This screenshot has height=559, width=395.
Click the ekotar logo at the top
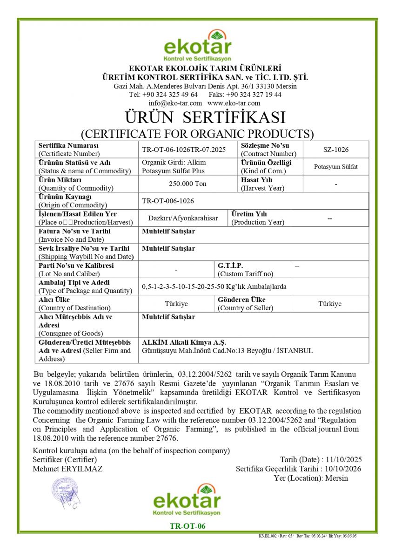pos(197,46)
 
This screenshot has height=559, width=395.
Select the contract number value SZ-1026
pos(335,150)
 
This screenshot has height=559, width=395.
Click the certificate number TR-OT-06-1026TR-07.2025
pos(183,150)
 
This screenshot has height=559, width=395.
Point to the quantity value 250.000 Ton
pos(187,184)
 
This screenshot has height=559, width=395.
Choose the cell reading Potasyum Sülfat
pos(335,166)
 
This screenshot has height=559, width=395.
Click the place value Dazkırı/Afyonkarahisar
pos(183,218)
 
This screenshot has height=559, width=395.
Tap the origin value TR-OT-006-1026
pos(168,201)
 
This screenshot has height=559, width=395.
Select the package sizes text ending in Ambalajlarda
pos(214,286)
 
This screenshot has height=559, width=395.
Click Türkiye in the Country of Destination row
pos(176,304)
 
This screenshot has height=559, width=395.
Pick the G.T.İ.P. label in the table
pos(230,266)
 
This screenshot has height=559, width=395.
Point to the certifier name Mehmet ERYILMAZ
pos(67,469)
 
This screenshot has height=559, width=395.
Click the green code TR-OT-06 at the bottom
pos(187,526)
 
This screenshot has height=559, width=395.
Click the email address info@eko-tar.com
pos(175,103)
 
